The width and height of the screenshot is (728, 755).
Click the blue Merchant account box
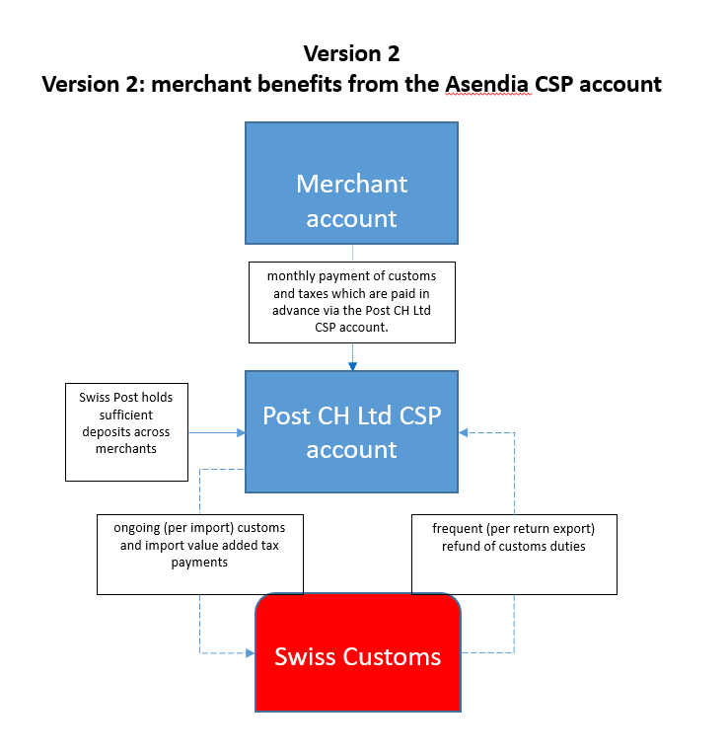click(351, 183)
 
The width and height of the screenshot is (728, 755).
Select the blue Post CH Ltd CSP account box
click(351, 431)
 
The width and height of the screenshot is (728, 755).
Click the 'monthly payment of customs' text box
click(352, 302)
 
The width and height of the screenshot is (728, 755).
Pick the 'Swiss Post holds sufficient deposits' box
click(126, 432)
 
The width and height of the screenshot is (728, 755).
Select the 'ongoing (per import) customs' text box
click(199, 554)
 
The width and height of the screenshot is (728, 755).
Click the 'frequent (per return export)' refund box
click(513, 554)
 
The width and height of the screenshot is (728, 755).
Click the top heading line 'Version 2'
click(351, 53)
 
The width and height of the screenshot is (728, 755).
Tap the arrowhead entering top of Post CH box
click(352, 366)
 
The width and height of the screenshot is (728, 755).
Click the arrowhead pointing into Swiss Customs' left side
click(249, 653)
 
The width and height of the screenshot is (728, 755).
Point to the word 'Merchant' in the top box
click(351, 184)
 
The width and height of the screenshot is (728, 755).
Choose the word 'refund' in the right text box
click(452, 546)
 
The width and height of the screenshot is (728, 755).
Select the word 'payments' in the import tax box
click(198, 562)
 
